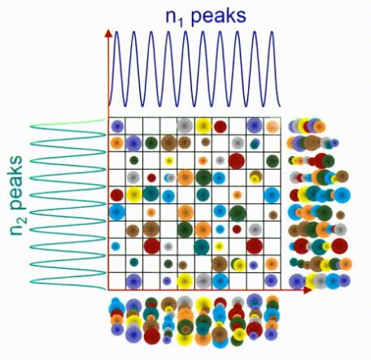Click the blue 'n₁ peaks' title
[x=206, y=17]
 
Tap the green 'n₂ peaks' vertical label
[x=18, y=196]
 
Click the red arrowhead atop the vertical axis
[x=108, y=33]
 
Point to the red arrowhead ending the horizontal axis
[x=308, y=290]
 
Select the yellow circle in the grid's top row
[x=203, y=126]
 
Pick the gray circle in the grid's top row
[x=185, y=125]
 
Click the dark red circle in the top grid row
[x=220, y=126]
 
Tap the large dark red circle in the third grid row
[x=237, y=161]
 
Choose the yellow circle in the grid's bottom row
[x=185, y=281]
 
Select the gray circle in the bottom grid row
[x=203, y=281]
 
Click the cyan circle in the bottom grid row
[x=220, y=281]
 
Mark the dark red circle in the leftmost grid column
[x=117, y=195]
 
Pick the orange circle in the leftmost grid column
[x=117, y=142]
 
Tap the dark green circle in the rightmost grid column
[x=273, y=161]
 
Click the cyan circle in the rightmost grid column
[x=272, y=195]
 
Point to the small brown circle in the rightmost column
[x=273, y=215]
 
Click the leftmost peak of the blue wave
[x=116, y=33]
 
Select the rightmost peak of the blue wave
[x=272, y=33]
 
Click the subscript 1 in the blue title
[x=181, y=24]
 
